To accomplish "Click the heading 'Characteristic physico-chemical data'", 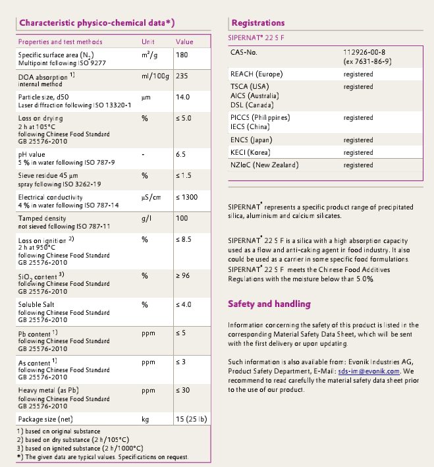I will [96, 23].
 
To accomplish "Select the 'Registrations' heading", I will [258, 23].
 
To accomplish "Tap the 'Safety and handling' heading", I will [269, 304].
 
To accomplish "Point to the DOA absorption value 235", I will [182, 76].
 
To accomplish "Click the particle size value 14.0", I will [183, 97].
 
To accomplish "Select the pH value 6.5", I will [182, 155].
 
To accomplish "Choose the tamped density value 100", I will [182, 218].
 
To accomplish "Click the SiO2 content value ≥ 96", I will [184, 275].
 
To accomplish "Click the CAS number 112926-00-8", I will [364, 51].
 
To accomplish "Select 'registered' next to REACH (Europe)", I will [358, 74].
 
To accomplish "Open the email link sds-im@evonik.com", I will [389, 371].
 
